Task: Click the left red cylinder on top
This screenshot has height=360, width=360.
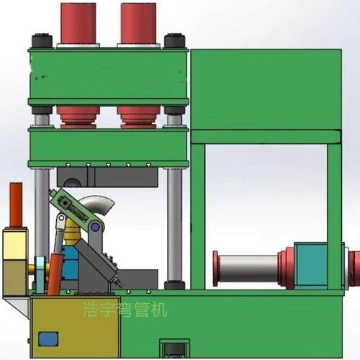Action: point(78,23)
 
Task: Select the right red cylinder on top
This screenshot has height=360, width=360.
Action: point(138,23)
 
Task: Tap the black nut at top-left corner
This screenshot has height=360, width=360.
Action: point(42,41)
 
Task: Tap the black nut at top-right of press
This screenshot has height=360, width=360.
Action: point(174,41)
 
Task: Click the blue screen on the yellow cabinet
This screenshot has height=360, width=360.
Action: point(48,339)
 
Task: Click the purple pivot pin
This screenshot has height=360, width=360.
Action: point(96,227)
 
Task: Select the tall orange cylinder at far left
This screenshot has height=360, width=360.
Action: point(16,204)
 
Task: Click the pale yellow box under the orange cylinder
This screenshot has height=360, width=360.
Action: point(15,244)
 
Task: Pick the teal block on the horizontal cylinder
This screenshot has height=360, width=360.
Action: point(311,265)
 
